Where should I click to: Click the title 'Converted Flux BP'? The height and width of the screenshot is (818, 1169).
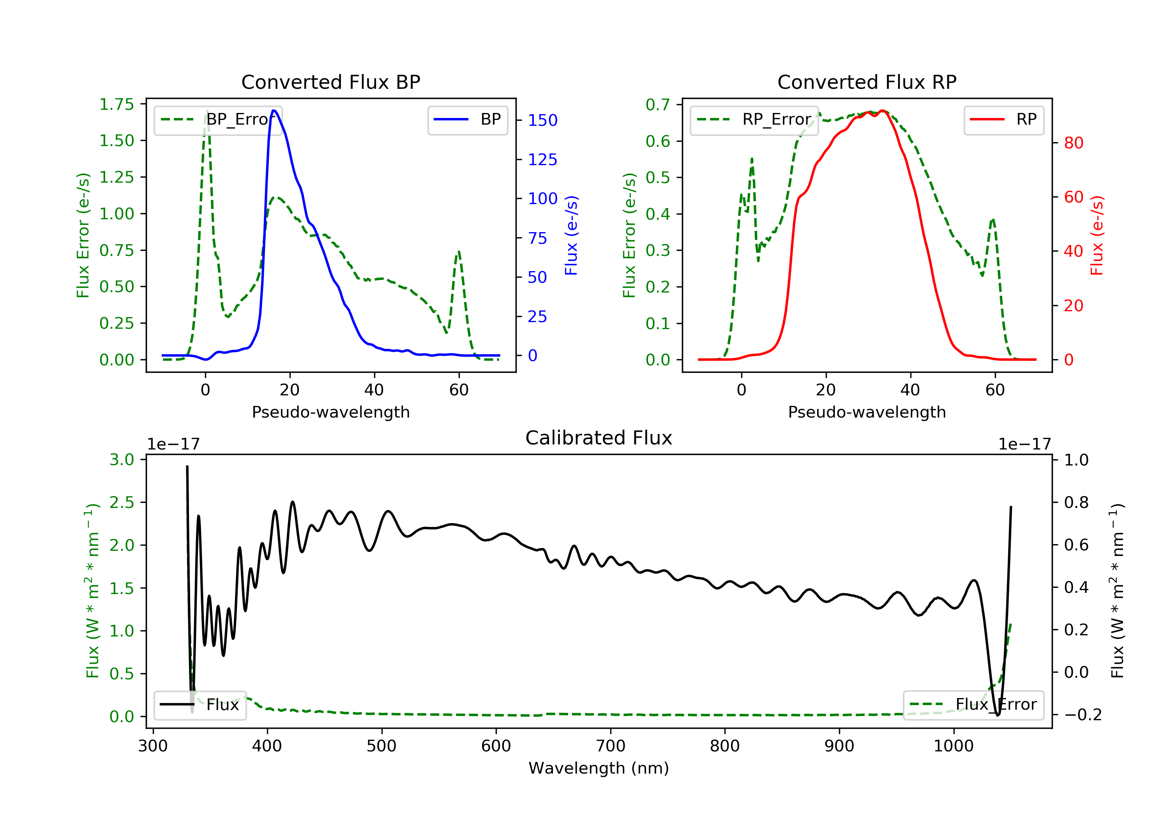coord(330,82)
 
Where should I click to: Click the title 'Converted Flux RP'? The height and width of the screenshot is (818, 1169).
coord(867,82)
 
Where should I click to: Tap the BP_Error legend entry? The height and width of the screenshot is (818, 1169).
coord(218,120)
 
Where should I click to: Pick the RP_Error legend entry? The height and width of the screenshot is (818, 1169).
coord(754,120)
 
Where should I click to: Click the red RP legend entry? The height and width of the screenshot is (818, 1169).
coord(1003,120)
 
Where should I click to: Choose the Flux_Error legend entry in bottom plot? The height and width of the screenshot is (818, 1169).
coord(973,705)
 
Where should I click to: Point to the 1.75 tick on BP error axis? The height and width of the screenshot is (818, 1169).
coord(117,104)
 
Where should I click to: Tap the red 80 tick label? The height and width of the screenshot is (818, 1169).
coord(1073,143)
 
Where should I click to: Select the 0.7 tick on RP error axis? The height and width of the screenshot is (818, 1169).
coord(657,104)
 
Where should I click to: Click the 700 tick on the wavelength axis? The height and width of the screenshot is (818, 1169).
coord(611,746)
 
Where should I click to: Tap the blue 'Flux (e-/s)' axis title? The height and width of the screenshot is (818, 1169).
coord(571,235)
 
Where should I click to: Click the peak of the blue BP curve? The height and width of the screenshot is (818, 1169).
coord(274,111)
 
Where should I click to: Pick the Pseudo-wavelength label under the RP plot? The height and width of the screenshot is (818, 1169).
coord(867,412)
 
